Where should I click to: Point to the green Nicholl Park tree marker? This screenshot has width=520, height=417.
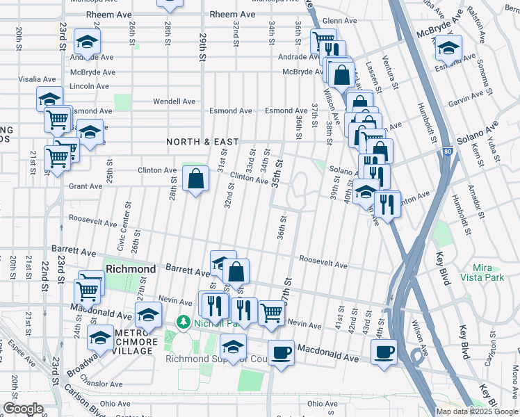tap(184, 322)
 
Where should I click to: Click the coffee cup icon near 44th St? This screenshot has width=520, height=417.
tap(384, 352)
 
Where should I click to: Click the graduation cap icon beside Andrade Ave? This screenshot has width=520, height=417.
tap(87, 42)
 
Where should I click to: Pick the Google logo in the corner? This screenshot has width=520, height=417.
tap(24, 409)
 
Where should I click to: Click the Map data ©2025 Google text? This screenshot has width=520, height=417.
tap(476, 411)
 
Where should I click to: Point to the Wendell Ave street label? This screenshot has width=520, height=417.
tap(174, 101)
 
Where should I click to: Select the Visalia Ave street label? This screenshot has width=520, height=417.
tap(29, 79)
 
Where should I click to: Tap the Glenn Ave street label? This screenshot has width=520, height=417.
tap(339, 21)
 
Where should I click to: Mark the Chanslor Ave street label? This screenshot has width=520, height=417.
tap(101, 384)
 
